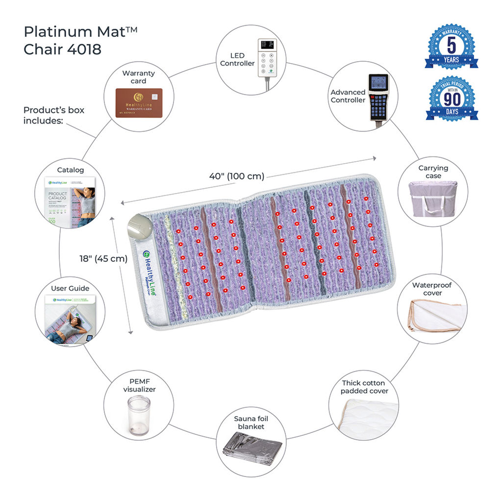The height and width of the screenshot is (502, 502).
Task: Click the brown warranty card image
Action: pos(139,102)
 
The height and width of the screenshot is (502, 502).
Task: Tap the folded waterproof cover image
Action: pos(433,316)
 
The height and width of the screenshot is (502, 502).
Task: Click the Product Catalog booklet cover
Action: pos(69,201)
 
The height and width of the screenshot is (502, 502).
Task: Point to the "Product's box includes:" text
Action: pos(54,115)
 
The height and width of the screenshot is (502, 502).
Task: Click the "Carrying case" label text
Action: pos(433,172)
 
